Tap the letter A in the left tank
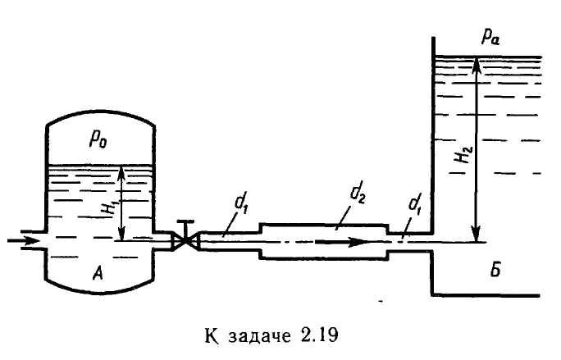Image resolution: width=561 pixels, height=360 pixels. [x=98, y=274]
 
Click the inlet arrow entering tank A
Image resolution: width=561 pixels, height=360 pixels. [x=19, y=241]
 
